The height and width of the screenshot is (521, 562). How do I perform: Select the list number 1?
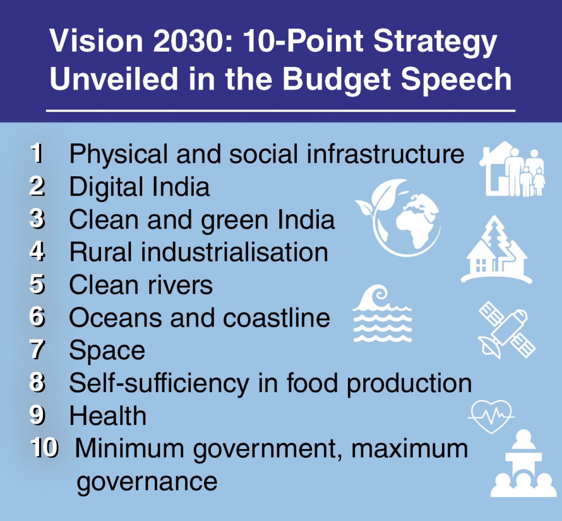[37, 154]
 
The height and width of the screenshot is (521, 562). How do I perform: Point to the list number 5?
[37, 285]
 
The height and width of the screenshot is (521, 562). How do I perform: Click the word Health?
[108, 416]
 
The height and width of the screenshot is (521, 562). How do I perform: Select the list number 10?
[44, 448]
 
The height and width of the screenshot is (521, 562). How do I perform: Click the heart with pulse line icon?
[491, 416]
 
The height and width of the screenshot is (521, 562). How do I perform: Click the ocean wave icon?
[382, 313]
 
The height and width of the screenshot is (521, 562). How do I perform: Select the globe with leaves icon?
[398, 217]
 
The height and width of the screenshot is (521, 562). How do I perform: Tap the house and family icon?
[513, 169]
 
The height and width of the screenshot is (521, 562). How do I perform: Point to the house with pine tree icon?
[496, 250]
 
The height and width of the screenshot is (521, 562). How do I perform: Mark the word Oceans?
[115, 318]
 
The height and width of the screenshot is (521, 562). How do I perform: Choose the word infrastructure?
[386, 154]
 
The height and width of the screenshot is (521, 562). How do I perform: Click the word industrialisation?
[235, 252]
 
